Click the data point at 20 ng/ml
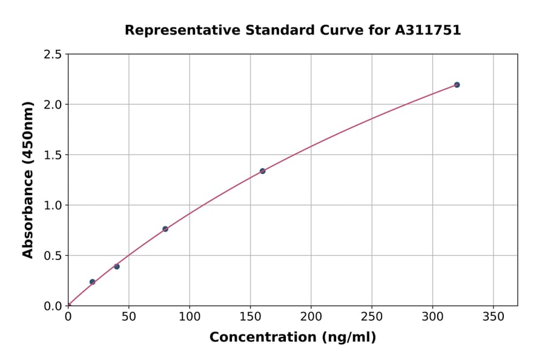coord(92,282)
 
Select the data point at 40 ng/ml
coord(117,267)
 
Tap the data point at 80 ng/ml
coord(165,229)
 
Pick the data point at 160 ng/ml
coord(262,171)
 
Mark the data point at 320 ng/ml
coord(457,85)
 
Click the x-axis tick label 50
coord(128,316)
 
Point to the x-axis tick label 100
coord(190,316)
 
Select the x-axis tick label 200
coord(311,316)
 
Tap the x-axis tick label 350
coord(493,316)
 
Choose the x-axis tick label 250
coord(371,316)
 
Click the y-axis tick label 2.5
coord(53,55)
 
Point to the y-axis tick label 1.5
coord(53,155)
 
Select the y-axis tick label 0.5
coord(53,256)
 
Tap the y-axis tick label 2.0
coord(53,105)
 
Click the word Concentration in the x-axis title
coord(262,338)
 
